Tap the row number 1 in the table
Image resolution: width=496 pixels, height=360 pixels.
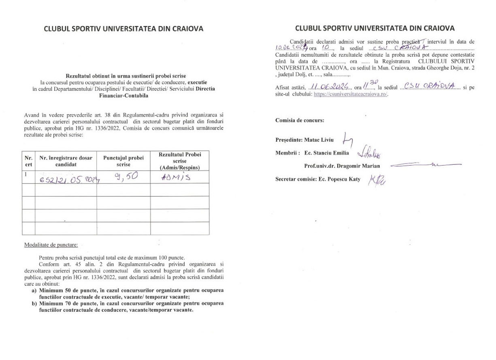coord(26,175)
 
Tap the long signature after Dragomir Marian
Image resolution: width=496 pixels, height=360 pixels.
coord(425,165)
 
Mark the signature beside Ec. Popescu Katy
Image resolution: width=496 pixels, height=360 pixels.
coord(377,179)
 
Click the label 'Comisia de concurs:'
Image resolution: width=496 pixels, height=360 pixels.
coord(299,120)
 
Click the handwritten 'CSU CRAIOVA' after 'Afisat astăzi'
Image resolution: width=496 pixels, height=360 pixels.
coord(432,86)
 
